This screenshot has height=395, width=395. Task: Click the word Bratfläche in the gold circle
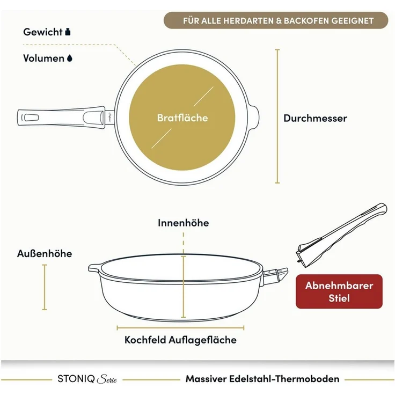tap(182, 118)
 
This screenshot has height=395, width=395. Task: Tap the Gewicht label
tap(42, 32)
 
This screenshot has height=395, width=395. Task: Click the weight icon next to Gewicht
tap(68, 32)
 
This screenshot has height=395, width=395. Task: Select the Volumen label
tap(43, 58)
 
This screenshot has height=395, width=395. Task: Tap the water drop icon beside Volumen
tap(70, 58)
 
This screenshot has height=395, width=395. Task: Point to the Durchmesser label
tap(315, 118)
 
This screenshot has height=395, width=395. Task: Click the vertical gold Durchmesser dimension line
tap(277, 116)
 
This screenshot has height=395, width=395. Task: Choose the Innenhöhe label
tap(183, 223)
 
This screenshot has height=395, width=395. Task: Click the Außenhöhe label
tap(45, 253)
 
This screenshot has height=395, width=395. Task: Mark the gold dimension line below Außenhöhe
tap(45, 287)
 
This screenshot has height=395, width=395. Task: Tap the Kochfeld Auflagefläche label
tap(180, 340)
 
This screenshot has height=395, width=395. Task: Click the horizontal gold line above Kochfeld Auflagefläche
tap(180, 328)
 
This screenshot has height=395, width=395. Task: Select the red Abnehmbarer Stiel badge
tap(339, 291)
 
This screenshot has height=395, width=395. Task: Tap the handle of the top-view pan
tap(62, 118)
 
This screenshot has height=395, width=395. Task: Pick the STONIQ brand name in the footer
tap(76, 378)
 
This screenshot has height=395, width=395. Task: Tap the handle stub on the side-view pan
tap(276, 276)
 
